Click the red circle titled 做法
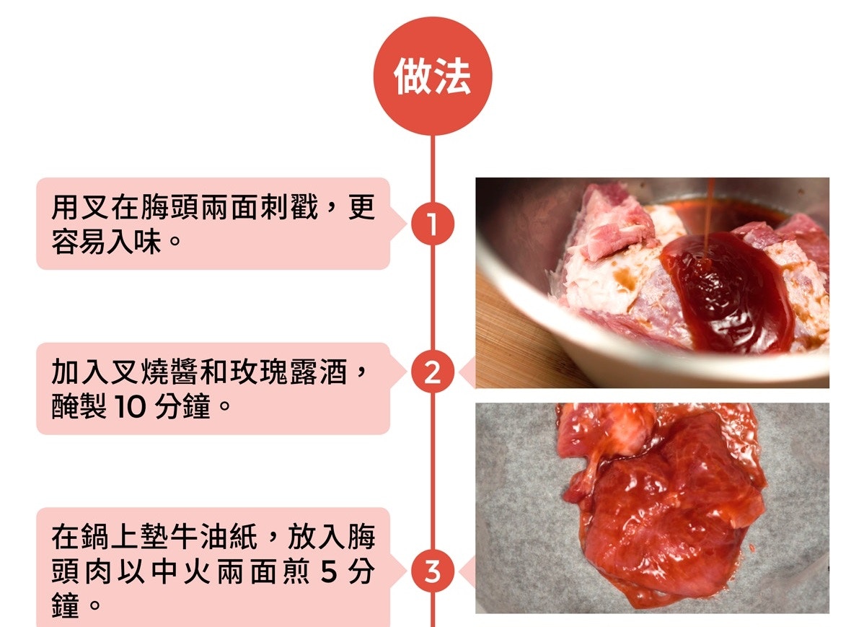(x=433, y=76)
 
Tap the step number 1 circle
(x=433, y=224)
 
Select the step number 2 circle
(x=433, y=372)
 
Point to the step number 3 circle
(x=433, y=571)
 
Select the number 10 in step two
(x=130, y=407)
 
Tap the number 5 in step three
(x=328, y=572)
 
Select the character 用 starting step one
(x=66, y=208)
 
